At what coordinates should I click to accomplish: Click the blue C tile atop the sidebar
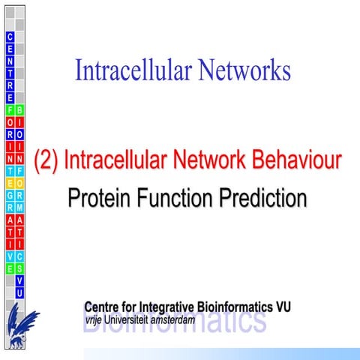[10, 37]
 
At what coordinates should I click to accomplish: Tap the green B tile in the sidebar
[20, 109]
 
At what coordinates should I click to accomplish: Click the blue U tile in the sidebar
[20, 292]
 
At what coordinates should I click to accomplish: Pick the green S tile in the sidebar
[20, 268]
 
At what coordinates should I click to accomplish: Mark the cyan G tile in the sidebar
[10, 196]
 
